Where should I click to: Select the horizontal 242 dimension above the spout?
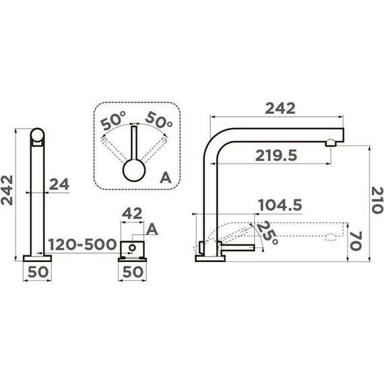280,108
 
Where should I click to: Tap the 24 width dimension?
59,185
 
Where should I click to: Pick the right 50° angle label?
159,120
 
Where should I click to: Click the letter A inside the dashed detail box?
165,178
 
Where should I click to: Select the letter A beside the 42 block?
152,230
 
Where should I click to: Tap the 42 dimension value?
132,214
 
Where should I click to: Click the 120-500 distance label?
82,244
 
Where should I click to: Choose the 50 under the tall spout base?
38,272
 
